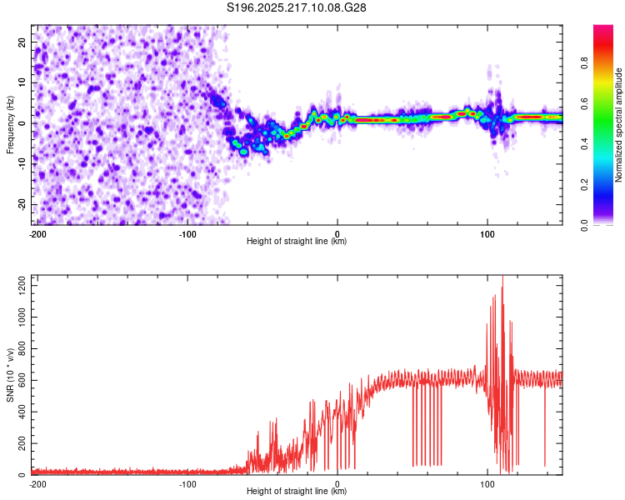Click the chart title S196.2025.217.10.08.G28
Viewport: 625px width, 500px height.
point(296,7)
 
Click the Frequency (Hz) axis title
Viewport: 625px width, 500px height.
point(10,125)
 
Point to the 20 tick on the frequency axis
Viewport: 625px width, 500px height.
point(22,42)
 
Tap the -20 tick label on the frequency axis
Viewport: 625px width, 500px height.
point(22,204)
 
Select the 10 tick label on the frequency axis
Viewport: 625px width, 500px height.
point(22,82)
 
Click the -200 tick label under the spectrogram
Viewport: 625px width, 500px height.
point(37,234)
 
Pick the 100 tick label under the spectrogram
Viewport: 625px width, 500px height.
point(487,234)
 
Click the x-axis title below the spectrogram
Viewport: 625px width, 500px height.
point(297,241)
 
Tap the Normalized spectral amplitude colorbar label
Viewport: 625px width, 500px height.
point(618,125)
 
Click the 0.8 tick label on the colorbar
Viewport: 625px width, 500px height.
point(584,63)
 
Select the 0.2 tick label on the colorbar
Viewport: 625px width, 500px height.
point(584,185)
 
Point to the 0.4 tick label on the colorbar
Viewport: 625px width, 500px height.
point(584,144)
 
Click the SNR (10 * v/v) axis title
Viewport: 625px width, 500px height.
point(10,375)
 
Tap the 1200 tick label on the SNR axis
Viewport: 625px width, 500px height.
point(22,286)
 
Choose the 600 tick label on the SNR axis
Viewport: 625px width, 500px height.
point(22,380)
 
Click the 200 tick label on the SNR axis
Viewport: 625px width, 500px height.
point(22,443)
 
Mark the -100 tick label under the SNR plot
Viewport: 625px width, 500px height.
point(187,484)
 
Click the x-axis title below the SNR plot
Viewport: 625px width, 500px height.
point(297,491)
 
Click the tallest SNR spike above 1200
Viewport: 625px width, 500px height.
point(502,277)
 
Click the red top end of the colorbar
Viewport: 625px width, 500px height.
point(603,27)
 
